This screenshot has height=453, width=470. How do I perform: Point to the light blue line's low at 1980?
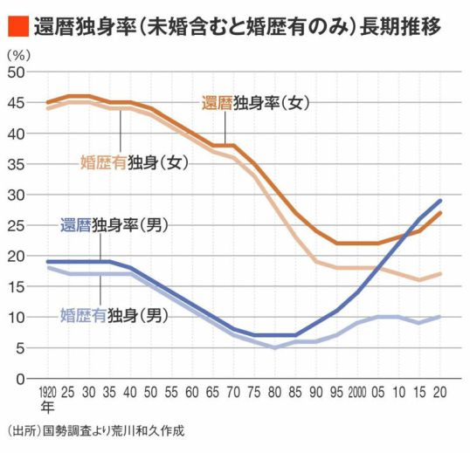(275, 347)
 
